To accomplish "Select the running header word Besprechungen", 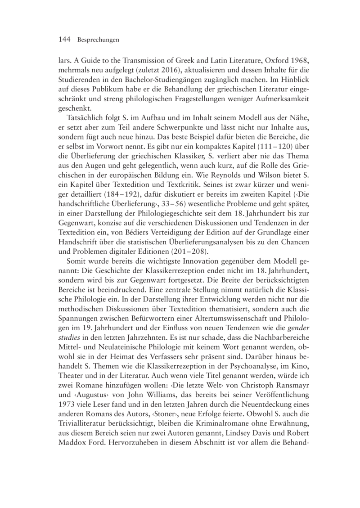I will click(x=98, y=40).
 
